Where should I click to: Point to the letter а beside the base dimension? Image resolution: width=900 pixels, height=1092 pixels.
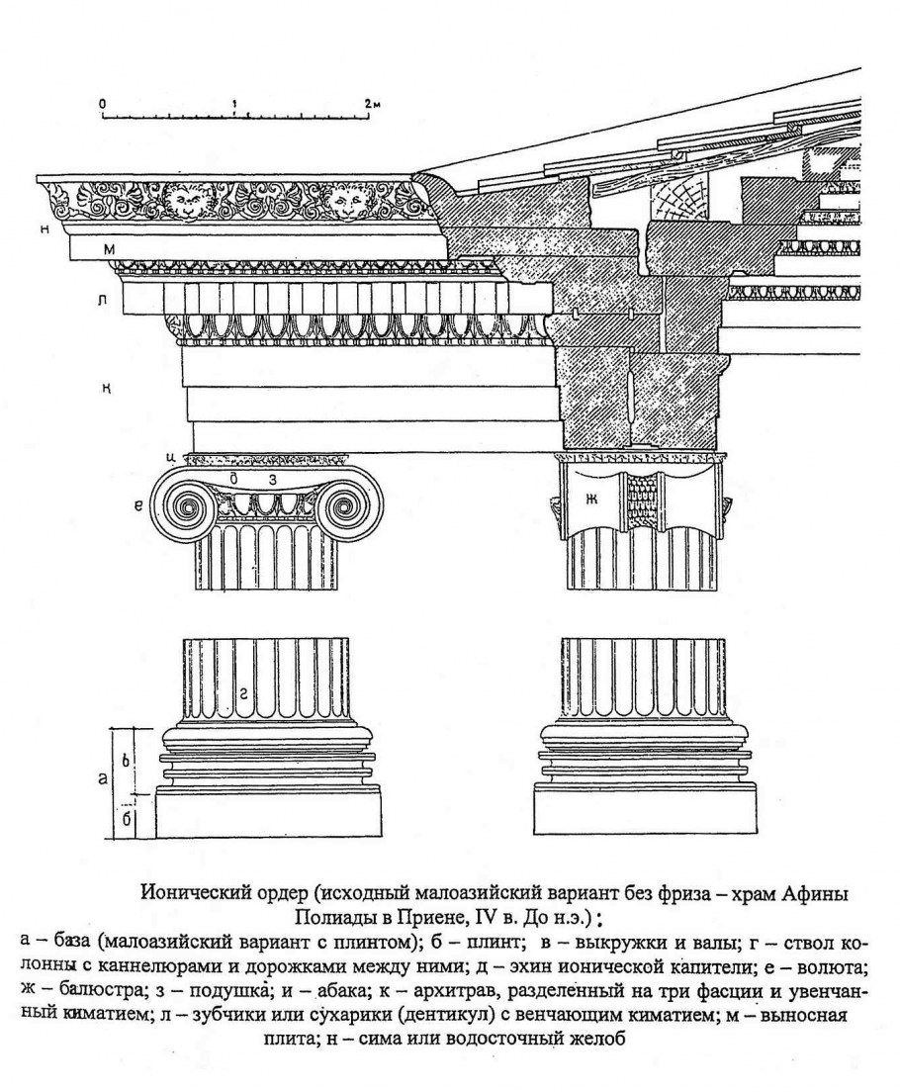[102, 780]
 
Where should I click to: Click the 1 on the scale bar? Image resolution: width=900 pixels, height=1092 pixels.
[234, 103]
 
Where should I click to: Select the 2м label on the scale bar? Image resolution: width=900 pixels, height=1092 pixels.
[371, 103]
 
